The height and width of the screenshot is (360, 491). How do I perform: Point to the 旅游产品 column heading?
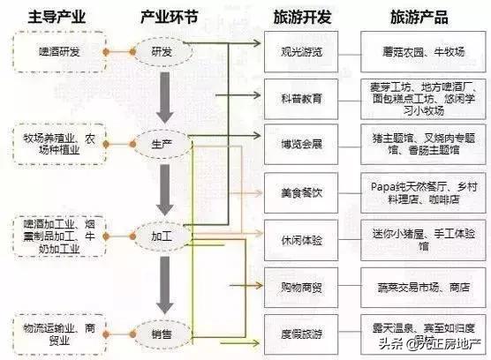(419, 18)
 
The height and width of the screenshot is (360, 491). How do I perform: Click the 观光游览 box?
(301, 52)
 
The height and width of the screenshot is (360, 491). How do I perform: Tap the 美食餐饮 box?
(301, 191)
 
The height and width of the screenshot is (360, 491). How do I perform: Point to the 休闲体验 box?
(301, 238)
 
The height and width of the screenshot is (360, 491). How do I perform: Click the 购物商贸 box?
(301, 287)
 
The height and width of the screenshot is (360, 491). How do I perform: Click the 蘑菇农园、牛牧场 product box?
(419, 52)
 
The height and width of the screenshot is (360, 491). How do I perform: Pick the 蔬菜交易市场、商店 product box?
(419, 287)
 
